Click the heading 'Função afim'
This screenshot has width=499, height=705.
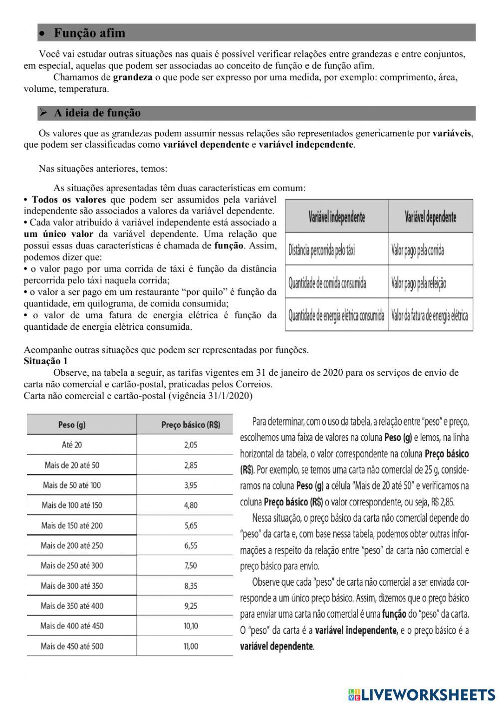pyautogui.click(x=89, y=33)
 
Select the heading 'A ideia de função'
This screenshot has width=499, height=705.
pyautogui.click(x=97, y=113)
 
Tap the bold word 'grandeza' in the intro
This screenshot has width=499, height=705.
pyautogui.click(x=133, y=77)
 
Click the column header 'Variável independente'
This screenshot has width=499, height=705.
pyautogui.click(x=336, y=218)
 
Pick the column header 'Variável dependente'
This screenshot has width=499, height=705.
pyautogui.click(x=430, y=218)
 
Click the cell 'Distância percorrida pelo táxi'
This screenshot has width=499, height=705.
pyautogui.click(x=322, y=250)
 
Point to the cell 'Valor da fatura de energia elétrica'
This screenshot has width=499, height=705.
pyautogui.click(x=430, y=315)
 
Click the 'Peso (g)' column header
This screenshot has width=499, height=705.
pyautogui.click(x=72, y=425)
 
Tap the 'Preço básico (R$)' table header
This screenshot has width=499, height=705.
pyautogui.click(x=190, y=425)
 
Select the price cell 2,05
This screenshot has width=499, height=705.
pyautogui.click(x=191, y=445)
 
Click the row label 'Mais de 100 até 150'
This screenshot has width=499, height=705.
pyautogui.click(x=72, y=505)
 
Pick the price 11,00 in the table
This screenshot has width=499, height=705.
pyautogui.click(x=191, y=646)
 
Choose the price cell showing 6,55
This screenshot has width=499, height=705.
pyautogui.click(x=191, y=545)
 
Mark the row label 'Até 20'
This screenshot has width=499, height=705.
pyautogui.click(x=72, y=445)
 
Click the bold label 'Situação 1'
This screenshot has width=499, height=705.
pyautogui.click(x=45, y=361)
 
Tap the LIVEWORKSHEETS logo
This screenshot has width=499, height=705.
pyautogui.click(x=422, y=694)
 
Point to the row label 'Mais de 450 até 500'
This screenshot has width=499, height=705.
pyautogui.click(x=72, y=646)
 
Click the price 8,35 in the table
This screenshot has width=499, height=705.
pyautogui.click(x=191, y=586)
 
